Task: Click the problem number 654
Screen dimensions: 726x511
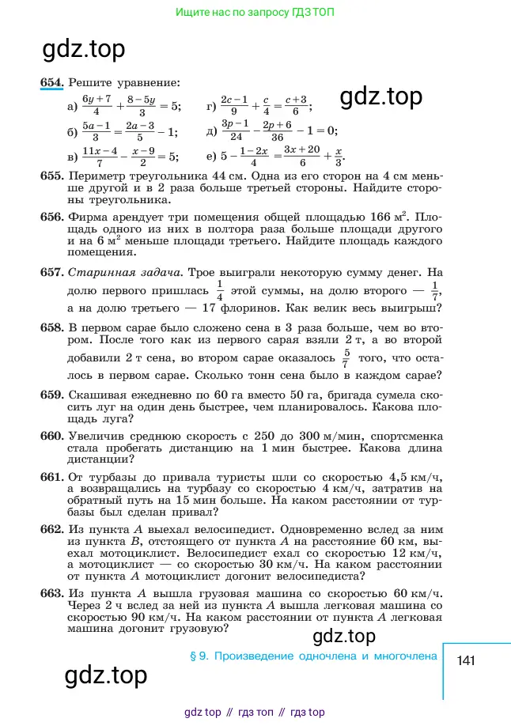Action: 52,81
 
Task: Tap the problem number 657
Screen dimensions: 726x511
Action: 51,272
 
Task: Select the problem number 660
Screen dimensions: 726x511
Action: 51,436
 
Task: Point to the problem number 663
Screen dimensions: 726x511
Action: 51,594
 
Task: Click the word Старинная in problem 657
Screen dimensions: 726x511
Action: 97,272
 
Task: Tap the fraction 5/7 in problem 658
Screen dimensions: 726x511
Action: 345,357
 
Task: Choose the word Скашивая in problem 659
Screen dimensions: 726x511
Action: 98,394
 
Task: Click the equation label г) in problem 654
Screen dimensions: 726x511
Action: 211,106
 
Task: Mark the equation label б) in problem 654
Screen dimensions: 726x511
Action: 74,130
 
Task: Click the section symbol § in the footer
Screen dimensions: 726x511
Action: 194,656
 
